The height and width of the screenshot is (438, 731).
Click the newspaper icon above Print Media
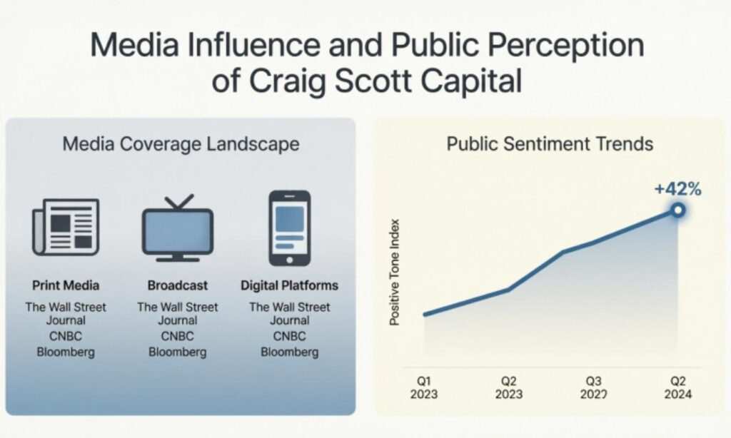(x=66, y=227)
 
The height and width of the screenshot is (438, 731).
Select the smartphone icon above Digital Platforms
(x=289, y=228)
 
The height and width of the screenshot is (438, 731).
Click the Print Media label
(x=66, y=285)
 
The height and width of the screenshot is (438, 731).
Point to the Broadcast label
(x=178, y=285)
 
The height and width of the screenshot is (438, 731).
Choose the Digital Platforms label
(x=289, y=285)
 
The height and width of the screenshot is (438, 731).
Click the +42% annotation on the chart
(x=677, y=189)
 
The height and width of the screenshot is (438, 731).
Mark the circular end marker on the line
(x=677, y=210)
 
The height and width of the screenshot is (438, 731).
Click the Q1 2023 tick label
(x=423, y=387)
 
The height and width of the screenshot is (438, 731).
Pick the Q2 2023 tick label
(x=508, y=387)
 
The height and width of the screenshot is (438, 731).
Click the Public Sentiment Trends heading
(x=550, y=143)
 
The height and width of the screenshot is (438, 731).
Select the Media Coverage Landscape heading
(x=181, y=143)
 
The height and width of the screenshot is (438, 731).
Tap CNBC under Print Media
(x=66, y=336)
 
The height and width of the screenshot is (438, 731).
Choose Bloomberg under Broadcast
(x=178, y=352)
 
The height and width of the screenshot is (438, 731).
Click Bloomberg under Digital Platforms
(x=289, y=352)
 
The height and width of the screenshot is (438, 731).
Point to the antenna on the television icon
(x=177, y=202)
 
